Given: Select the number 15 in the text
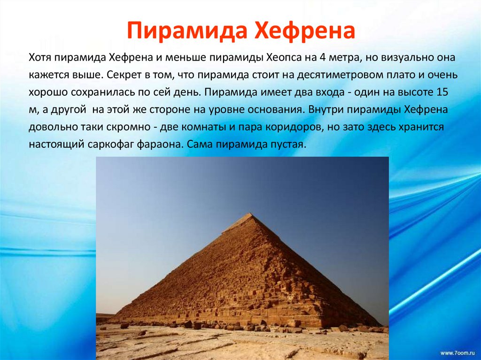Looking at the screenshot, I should pyautogui.click(x=442, y=92).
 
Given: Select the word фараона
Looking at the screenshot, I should pyautogui.click(x=160, y=144).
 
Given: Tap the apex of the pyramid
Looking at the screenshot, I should pyautogui.click(x=252, y=214).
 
